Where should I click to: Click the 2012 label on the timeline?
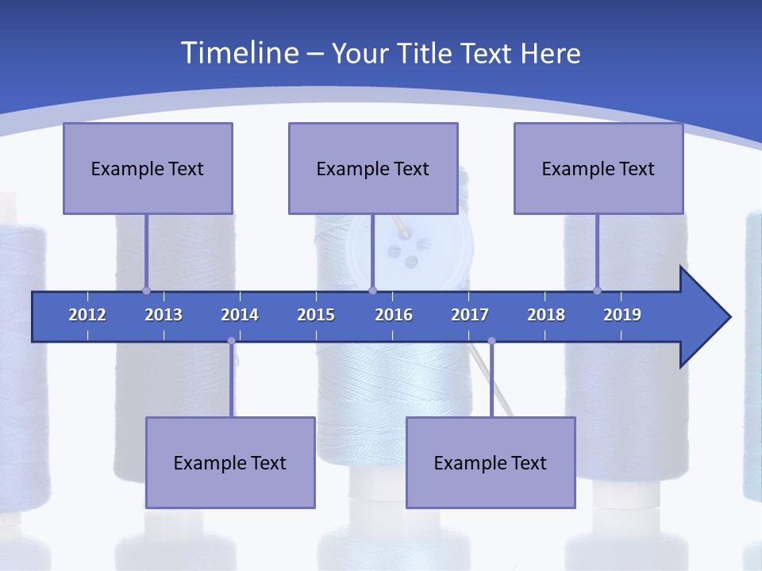(x=87, y=315)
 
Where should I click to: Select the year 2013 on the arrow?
(x=164, y=315)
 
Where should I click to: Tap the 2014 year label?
(x=240, y=315)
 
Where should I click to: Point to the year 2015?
(x=316, y=315)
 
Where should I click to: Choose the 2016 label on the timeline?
(x=394, y=315)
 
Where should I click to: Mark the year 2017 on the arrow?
(x=470, y=315)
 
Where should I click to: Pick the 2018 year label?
(x=546, y=315)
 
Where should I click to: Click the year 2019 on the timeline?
(x=622, y=315)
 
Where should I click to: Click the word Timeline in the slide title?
(x=239, y=52)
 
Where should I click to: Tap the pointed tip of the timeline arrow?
(x=728, y=317)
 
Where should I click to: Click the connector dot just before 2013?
(x=146, y=290)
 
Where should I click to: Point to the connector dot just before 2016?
(x=372, y=290)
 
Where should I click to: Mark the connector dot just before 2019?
(x=597, y=290)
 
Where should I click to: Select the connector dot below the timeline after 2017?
(x=491, y=341)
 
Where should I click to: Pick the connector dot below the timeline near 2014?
(x=231, y=341)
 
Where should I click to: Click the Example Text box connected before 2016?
(x=373, y=168)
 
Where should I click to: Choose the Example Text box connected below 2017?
(x=491, y=462)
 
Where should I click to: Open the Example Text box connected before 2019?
(x=598, y=168)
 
